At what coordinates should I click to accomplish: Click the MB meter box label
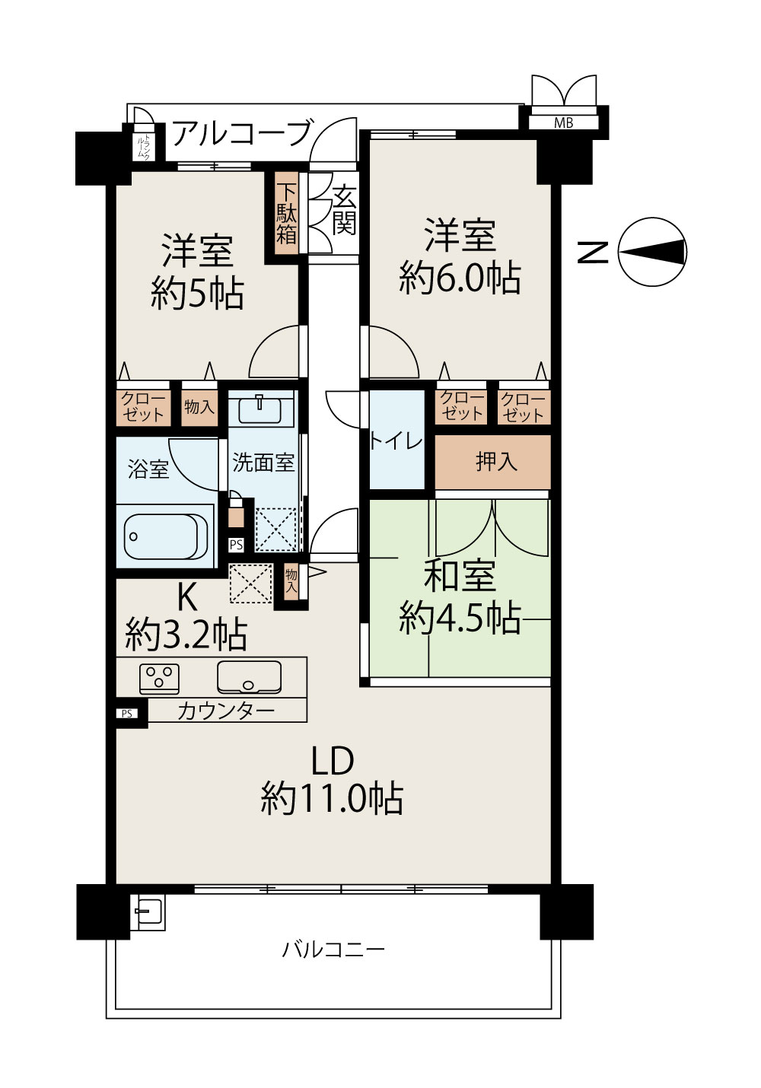point(563,123)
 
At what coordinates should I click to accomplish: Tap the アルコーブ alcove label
point(241,133)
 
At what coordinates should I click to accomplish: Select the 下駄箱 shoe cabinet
point(286,213)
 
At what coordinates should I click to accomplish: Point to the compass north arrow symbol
point(652,251)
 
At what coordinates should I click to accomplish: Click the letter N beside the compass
point(592,252)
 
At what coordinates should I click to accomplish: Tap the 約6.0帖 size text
point(460,278)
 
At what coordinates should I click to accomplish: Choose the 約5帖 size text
point(197,293)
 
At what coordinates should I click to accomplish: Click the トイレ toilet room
point(397,440)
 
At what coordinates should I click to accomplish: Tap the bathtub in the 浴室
point(165,536)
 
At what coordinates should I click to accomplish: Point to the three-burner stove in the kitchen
point(159,678)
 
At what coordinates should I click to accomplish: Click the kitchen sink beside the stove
point(249,676)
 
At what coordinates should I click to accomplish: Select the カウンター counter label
point(227,711)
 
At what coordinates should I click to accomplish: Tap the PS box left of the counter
point(127,714)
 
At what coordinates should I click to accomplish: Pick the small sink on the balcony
point(148,912)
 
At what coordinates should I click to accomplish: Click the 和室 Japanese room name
point(460,577)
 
